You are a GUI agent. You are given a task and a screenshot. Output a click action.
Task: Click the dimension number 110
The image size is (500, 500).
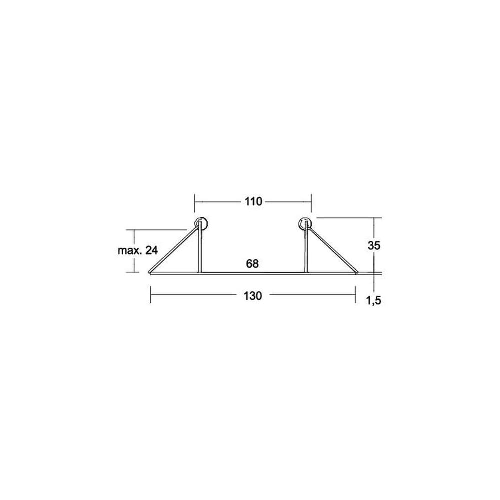(x=253, y=201)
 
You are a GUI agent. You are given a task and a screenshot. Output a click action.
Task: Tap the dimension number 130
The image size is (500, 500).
(x=253, y=296)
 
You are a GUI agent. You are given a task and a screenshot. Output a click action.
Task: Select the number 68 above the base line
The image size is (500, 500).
(x=252, y=263)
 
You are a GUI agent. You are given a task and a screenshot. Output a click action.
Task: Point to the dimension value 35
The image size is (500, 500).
(x=374, y=245)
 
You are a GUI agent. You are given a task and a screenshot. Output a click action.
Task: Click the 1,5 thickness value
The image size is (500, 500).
(x=373, y=300)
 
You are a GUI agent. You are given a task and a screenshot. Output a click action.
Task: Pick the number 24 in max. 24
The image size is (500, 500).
(x=152, y=250)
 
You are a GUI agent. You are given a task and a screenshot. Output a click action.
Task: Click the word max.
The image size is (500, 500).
(x=130, y=251)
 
